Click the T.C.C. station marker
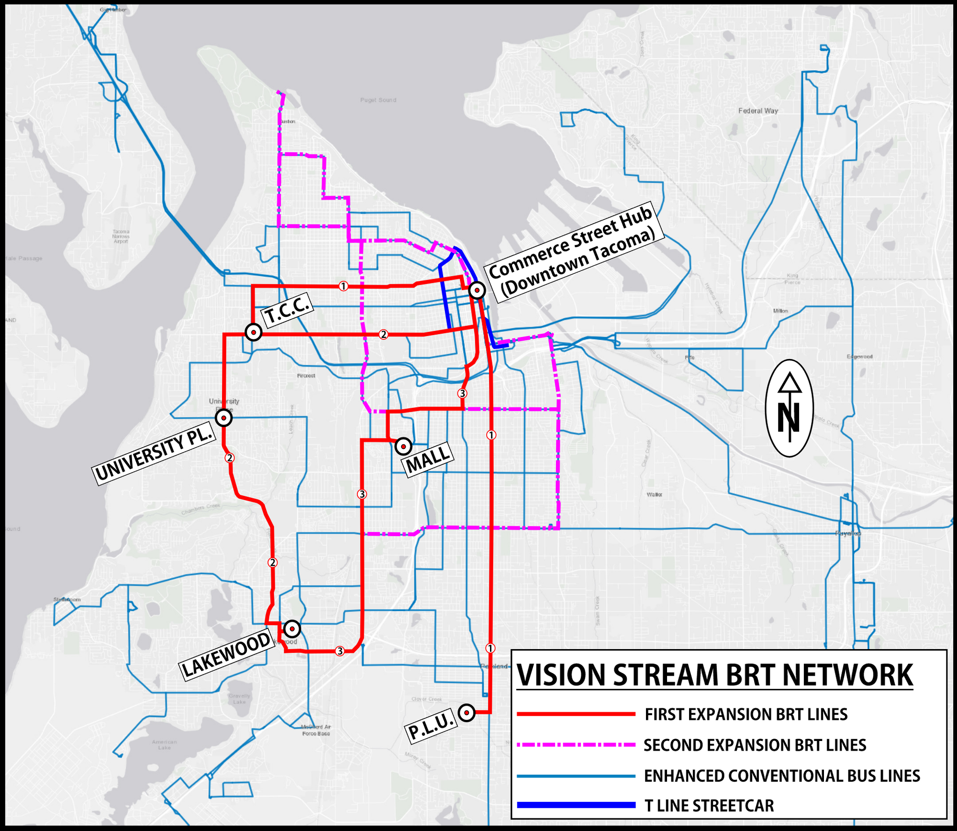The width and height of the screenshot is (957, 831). (253, 332)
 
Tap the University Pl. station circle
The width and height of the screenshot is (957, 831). (223, 418)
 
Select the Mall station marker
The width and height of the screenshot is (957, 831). (403, 446)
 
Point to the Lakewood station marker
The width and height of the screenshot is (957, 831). (292, 628)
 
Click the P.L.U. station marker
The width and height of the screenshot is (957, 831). (467, 713)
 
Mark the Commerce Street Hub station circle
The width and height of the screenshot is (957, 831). (477, 290)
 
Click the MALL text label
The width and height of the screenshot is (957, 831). (428, 460)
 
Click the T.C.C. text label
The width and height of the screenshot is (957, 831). (287, 311)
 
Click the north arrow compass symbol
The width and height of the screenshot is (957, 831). (790, 408)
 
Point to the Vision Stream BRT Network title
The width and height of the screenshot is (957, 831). (715, 675)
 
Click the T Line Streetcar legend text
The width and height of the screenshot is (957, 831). (709, 806)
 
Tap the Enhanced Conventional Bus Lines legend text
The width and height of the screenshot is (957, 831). (781, 775)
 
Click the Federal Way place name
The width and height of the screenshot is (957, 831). (758, 111)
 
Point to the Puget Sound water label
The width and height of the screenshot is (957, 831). (378, 100)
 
